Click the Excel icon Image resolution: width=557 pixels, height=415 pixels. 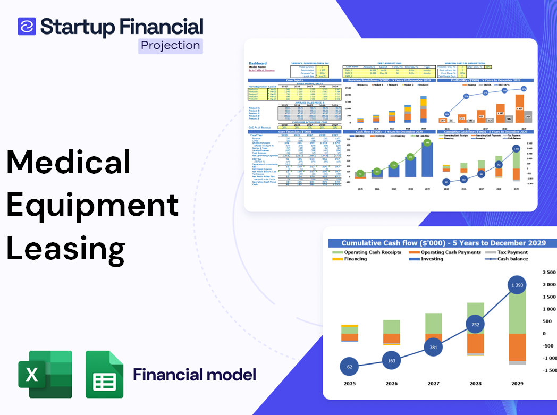coord(45,374)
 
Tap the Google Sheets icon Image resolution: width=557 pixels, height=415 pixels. coord(105,374)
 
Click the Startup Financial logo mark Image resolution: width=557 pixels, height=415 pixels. coord(27,26)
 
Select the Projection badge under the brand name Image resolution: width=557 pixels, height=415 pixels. coord(170,45)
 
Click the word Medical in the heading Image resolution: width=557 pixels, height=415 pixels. coord(69,162)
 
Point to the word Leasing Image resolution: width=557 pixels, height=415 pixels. coord(66,248)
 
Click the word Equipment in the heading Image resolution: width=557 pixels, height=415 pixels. coord(92,205)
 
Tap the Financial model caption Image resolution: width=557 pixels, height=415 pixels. coord(195,375)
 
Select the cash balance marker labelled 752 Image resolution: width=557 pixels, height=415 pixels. coord(475,325)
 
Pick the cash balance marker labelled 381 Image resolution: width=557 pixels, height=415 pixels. coord(433,348)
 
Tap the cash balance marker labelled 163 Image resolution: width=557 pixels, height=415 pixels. coord(391,361)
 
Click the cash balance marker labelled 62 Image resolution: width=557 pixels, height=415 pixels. coord(349,367)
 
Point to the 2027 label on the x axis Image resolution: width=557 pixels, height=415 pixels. coord(433,384)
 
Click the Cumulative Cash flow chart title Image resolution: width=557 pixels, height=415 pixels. coord(443,242)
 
